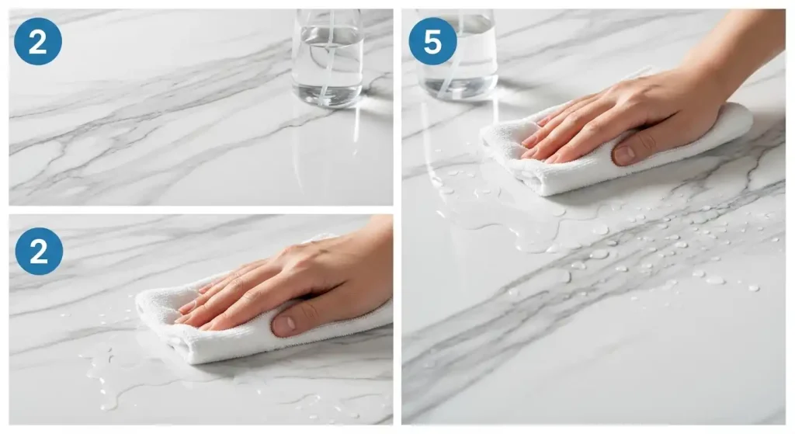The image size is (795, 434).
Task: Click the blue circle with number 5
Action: tap(432, 41)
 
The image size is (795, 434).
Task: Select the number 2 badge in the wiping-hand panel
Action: tap(39, 251)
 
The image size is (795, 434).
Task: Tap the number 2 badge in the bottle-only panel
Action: tap(38, 41)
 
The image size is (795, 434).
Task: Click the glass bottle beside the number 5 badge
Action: tap(458, 54)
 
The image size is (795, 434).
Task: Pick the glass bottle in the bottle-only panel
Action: tap(328, 57)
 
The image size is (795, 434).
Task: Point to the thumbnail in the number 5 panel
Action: tap(625, 154)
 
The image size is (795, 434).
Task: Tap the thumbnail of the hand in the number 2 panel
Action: tap(284, 324)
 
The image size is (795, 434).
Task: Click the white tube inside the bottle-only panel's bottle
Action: tap(328, 56)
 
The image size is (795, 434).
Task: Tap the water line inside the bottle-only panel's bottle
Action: tap(328, 30)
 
